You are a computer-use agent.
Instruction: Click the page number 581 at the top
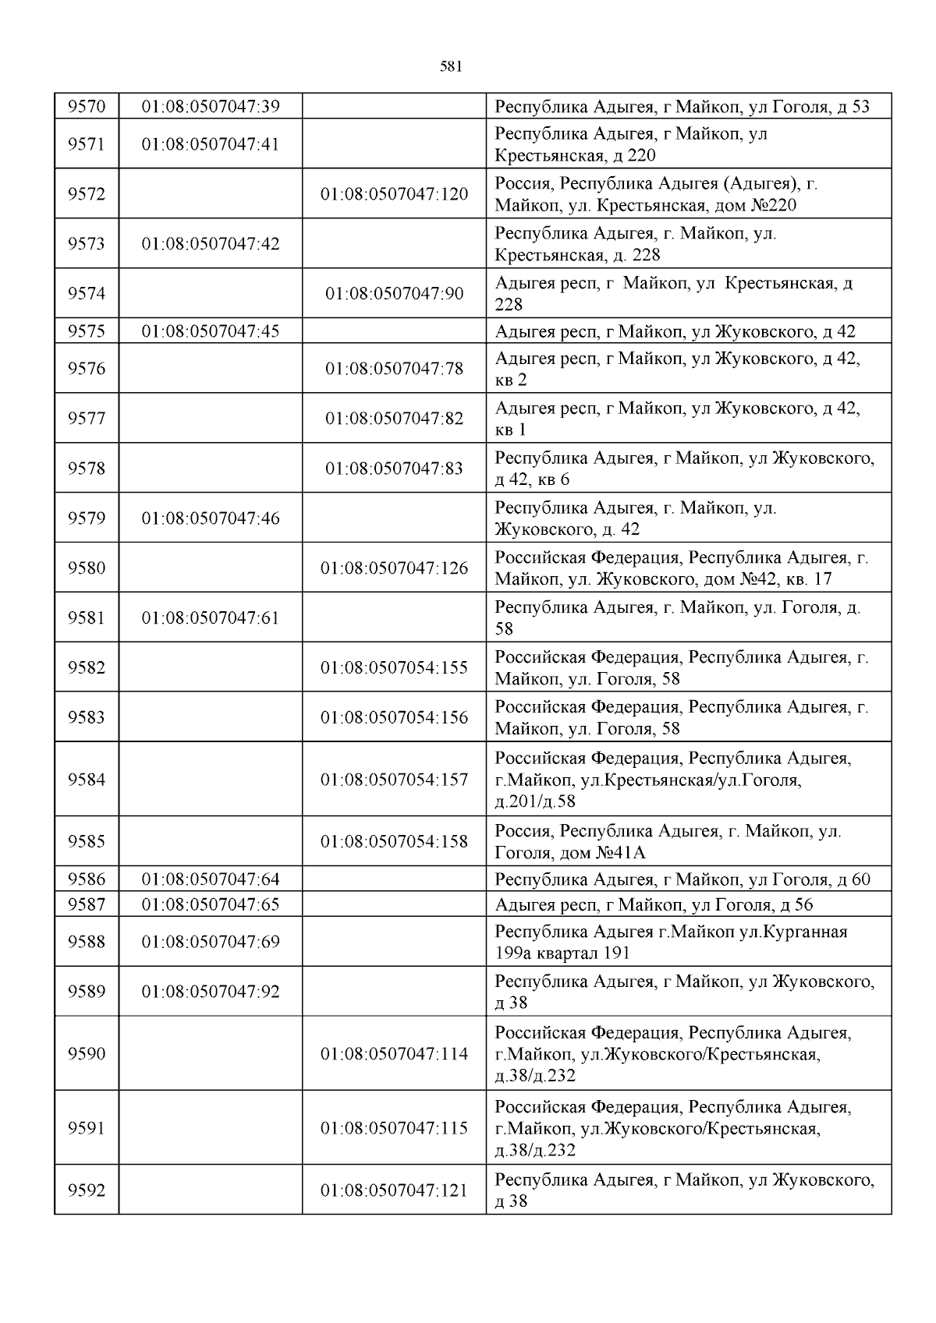(x=452, y=67)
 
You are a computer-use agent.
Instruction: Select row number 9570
(x=87, y=107)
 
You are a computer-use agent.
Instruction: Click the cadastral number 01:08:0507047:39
(x=211, y=107)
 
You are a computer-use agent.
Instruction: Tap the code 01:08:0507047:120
(x=394, y=194)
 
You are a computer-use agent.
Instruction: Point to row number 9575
(x=87, y=331)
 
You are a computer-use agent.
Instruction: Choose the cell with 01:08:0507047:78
(x=394, y=369)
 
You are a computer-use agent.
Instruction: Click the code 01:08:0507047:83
(x=394, y=469)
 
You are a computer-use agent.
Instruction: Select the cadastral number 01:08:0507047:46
(x=211, y=518)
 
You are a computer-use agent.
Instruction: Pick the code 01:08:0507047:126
(x=394, y=568)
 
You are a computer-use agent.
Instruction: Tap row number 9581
(x=87, y=618)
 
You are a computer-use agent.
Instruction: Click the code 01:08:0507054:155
(x=394, y=668)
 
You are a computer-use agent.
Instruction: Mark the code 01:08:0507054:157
(x=394, y=780)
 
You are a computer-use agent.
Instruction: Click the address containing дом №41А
(x=668, y=842)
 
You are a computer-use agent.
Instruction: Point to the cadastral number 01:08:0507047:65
(x=211, y=905)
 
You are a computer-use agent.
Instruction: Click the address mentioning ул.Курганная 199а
(x=671, y=942)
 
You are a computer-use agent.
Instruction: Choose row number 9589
(x=87, y=992)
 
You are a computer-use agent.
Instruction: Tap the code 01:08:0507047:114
(x=394, y=1054)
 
